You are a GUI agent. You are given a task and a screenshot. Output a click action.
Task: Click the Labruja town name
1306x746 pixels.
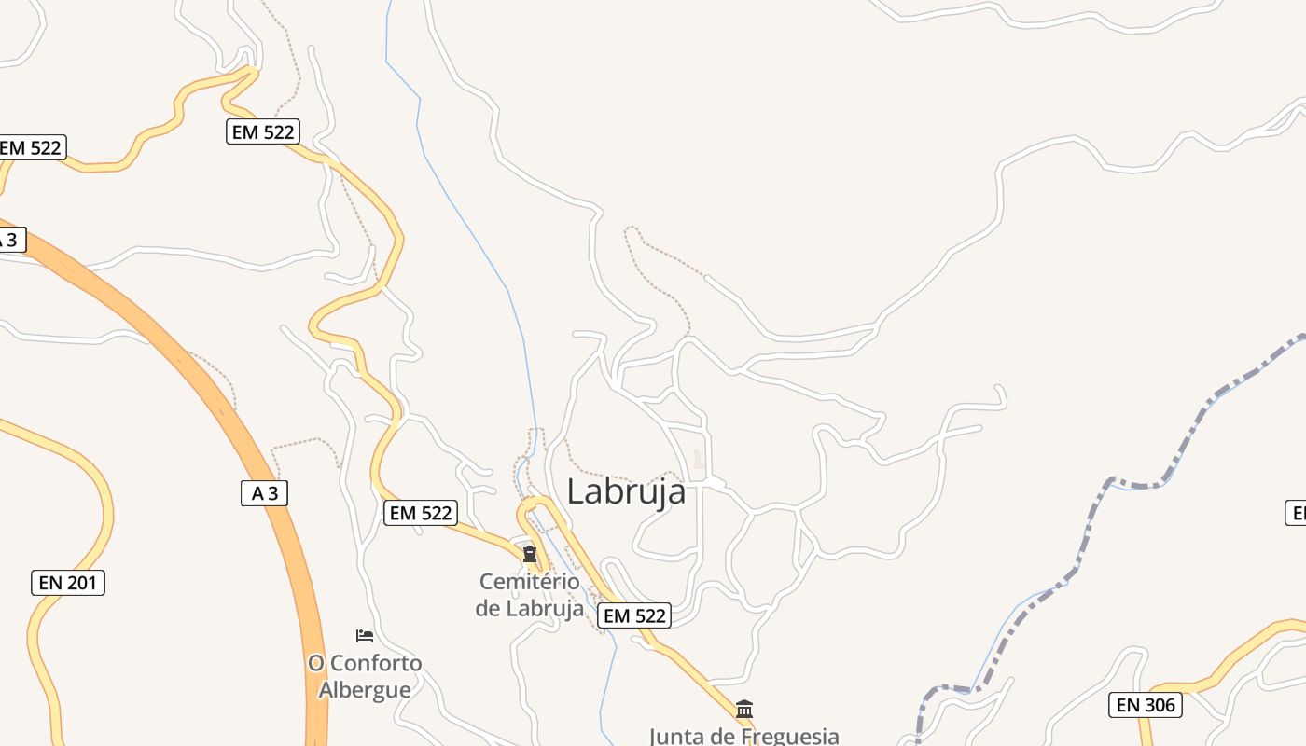pyautogui.click(x=626, y=491)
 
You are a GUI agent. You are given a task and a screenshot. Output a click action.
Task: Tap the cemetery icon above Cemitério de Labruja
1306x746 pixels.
pyautogui.click(x=530, y=555)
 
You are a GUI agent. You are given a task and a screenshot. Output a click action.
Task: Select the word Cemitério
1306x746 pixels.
pyautogui.click(x=529, y=582)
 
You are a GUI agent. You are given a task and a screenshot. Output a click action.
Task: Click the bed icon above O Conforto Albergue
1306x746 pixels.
pyautogui.click(x=365, y=636)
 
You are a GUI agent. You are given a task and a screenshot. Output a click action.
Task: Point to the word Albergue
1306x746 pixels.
pyautogui.click(x=365, y=690)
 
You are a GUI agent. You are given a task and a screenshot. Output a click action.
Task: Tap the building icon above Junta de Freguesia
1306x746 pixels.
pyautogui.click(x=744, y=710)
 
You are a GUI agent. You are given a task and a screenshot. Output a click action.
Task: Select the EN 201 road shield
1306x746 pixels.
pyautogui.click(x=68, y=583)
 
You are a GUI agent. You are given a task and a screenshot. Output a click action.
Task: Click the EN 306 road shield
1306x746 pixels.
pyautogui.click(x=1146, y=705)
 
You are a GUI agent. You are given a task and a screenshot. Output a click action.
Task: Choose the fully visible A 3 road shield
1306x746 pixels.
pyautogui.click(x=265, y=493)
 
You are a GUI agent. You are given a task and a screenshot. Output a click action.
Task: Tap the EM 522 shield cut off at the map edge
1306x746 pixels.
pyautogui.click(x=31, y=147)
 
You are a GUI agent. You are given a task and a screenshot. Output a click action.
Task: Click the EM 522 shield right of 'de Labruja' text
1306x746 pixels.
pyautogui.click(x=634, y=615)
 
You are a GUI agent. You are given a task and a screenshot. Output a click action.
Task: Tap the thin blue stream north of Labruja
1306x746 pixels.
pyautogui.click(x=466, y=214)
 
